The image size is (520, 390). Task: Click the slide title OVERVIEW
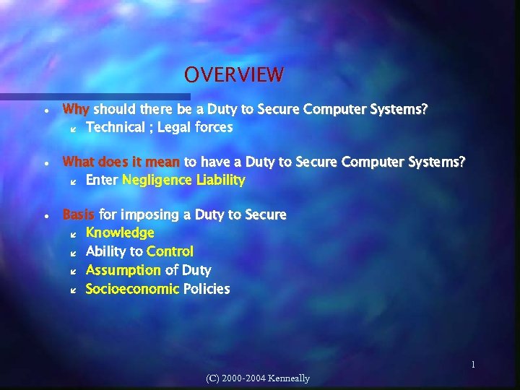(x=233, y=74)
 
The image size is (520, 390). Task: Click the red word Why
(x=76, y=110)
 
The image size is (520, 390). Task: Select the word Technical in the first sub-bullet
(x=115, y=127)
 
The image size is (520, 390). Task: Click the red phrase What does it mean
(x=121, y=162)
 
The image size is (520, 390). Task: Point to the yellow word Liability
(x=220, y=180)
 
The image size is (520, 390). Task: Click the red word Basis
(x=79, y=214)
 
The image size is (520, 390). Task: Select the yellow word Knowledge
(x=120, y=233)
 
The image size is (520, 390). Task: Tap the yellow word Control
(x=170, y=251)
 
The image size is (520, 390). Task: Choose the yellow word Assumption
(x=123, y=270)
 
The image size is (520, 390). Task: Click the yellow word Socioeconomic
(x=132, y=289)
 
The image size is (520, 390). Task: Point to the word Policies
(x=207, y=289)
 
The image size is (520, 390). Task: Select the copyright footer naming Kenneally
(x=257, y=378)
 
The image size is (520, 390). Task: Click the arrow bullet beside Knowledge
(x=72, y=233)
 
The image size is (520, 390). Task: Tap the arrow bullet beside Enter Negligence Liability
(x=72, y=181)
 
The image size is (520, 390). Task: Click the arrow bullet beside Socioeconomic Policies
(x=72, y=290)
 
